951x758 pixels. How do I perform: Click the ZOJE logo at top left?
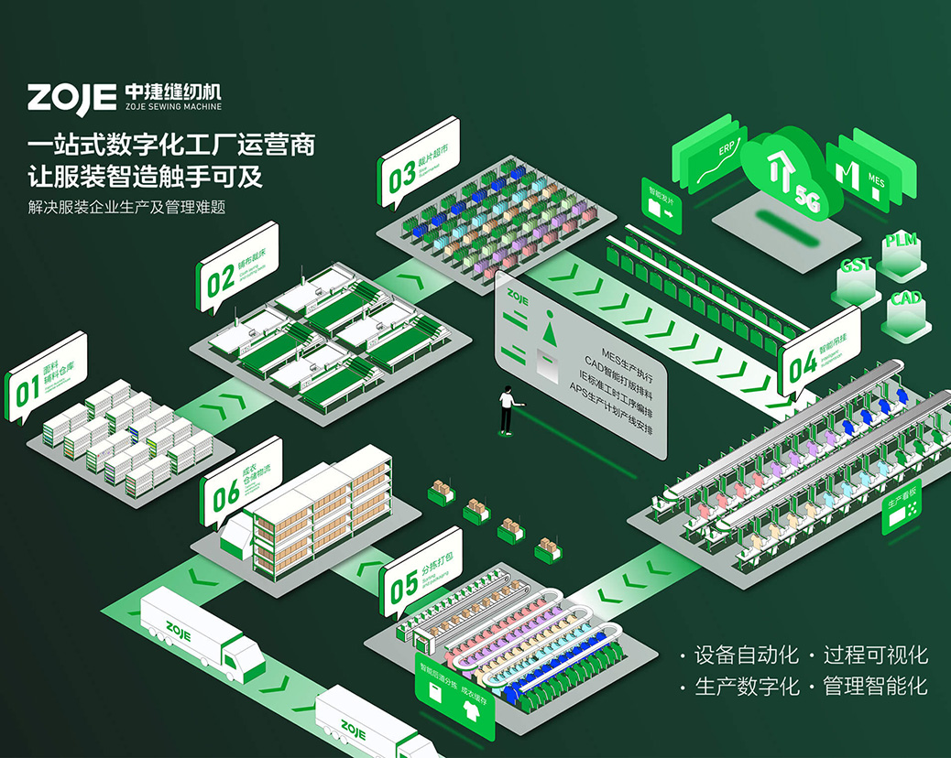point(71,96)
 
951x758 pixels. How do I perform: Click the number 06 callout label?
point(225,493)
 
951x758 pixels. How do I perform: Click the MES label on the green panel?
point(876,180)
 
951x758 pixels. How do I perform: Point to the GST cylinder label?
point(856,265)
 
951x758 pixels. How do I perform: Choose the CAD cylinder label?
point(906,298)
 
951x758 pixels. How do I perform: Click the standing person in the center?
point(506,409)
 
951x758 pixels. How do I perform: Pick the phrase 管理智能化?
point(875,686)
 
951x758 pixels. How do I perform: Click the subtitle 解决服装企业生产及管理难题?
point(127,208)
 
